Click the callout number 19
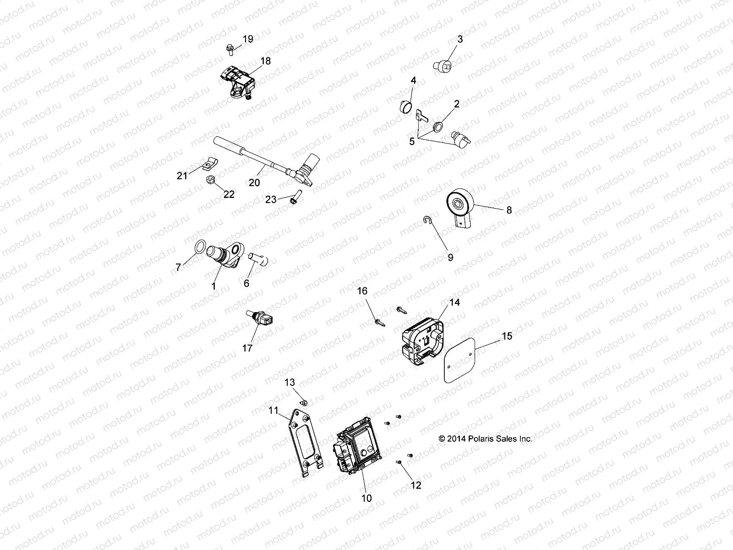point(247,39)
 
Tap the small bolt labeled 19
point(229,47)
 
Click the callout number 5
point(412,142)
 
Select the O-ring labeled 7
point(200,247)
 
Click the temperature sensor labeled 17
point(260,318)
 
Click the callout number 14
point(454,302)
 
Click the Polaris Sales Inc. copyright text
point(486,439)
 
